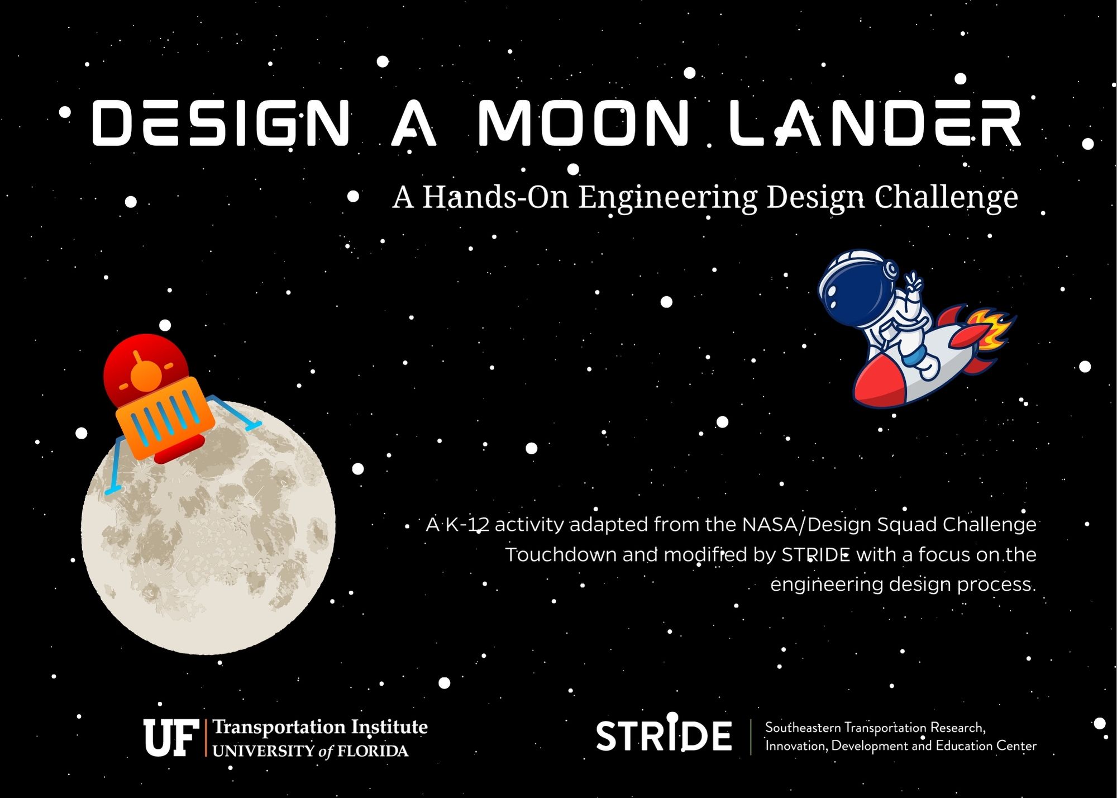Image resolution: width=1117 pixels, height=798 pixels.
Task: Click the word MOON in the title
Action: [584, 123]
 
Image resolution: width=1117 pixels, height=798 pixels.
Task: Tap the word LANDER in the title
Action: [875, 123]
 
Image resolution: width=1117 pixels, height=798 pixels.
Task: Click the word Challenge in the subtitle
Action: [946, 197]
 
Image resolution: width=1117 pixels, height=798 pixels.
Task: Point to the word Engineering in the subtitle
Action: [667, 197]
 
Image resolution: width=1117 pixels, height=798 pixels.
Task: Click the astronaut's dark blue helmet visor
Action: [849, 288]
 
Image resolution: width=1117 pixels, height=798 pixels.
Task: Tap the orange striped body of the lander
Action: [165, 416]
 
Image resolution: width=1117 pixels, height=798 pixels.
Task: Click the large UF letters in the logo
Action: [171, 738]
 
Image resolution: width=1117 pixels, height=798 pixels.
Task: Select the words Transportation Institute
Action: [320, 726]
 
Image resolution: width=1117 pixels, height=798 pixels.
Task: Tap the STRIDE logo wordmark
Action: [663, 735]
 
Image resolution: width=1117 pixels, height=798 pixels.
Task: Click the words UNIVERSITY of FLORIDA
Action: [310, 751]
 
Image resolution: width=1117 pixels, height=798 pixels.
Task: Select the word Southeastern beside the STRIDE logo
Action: [803, 728]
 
